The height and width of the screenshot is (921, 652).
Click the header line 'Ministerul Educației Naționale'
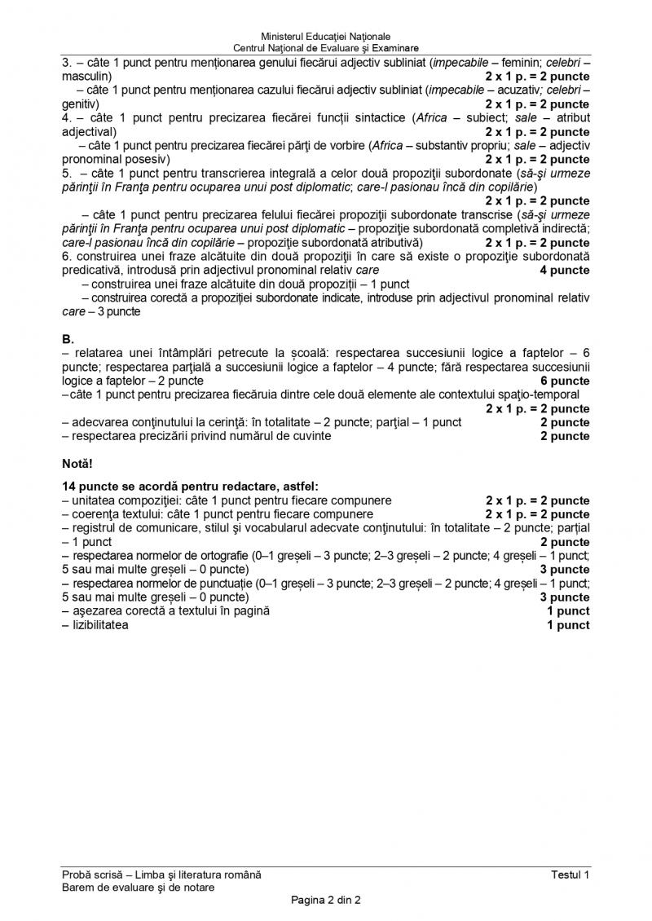326,37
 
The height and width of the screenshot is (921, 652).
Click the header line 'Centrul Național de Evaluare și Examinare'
326,48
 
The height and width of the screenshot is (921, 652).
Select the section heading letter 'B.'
68,337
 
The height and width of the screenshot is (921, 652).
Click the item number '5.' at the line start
67,174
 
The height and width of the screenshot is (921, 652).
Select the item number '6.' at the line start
67,257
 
